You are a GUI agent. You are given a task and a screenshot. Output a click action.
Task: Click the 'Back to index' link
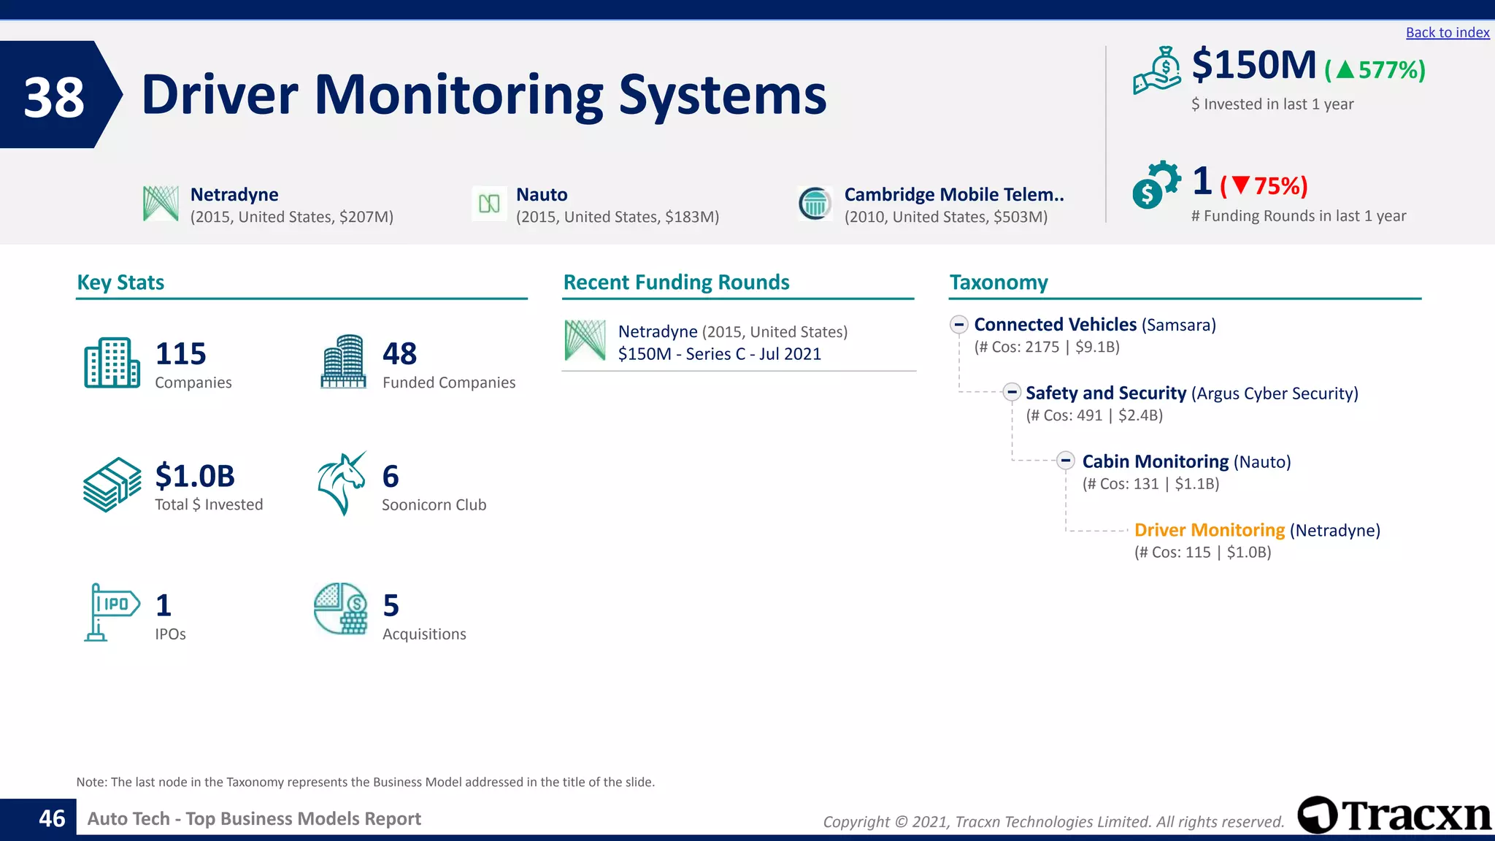pyautogui.click(x=1447, y=33)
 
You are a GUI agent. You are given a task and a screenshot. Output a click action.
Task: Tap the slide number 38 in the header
pyautogui.click(x=54, y=97)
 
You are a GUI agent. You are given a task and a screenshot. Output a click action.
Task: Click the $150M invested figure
pyautogui.click(x=1253, y=66)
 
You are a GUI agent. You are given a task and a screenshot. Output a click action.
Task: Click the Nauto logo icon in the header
pyautogui.click(x=489, y=204)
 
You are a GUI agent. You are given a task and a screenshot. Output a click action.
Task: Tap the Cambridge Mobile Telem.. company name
pyautogui.click(x=953, y=194)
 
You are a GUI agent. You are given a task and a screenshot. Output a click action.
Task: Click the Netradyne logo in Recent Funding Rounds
pyautogui.click(x=585, y=341)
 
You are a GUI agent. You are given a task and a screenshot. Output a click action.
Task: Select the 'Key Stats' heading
pyautogui.click(x=120, y=283)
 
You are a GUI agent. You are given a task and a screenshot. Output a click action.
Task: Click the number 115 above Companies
pyautogui.click(x=180, y=354)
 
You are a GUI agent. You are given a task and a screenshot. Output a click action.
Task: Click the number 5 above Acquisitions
pyautogui.click(x=391, y=606)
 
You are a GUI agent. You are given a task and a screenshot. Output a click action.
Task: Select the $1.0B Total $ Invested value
pyautogui.click(x=195, y=476)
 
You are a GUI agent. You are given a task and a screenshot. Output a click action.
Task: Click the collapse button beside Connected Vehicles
pyautogui.click(x=959, y=324)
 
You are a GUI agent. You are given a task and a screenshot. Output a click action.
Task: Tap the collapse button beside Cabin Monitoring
pyautogui.click(x=1066, y=461)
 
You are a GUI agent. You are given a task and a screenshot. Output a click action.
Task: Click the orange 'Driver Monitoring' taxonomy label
pyautogui.click(x=1209, y=530)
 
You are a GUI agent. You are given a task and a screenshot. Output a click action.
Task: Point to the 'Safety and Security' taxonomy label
pyautogui.click(x=1105, y=393)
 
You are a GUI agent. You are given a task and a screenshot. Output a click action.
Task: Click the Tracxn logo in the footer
pyautogui.click(x=1394, y=815)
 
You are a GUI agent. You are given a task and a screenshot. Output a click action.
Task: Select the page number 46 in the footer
pyautogui.click(x=52, y=818)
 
